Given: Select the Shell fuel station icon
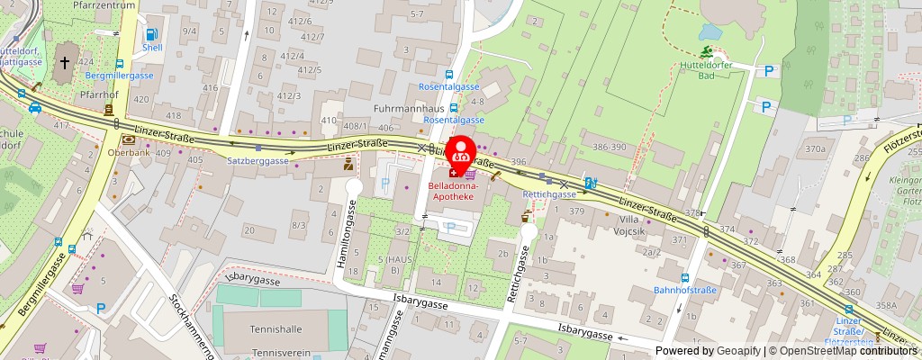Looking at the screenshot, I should tap(150, 36).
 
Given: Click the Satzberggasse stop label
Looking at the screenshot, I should tap(257, 161).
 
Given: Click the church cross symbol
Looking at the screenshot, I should tap(66, 63).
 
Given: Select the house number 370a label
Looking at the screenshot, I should tap(815, 149).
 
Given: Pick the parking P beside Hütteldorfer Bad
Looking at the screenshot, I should tap(769, 71).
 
